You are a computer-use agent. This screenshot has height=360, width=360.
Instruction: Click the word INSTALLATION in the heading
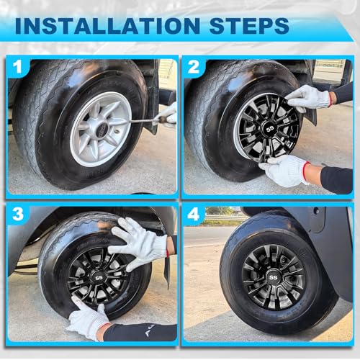107,25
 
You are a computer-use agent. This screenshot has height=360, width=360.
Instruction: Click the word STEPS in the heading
249,25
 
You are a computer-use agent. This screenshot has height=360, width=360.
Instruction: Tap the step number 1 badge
18,66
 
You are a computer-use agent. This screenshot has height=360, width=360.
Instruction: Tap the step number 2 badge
194,66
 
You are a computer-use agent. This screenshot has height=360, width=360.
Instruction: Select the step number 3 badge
18,214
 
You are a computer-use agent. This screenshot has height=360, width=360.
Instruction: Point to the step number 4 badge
194,214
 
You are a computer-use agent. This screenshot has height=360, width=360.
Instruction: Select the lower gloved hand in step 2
286,170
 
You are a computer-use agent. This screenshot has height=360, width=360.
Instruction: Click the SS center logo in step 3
99,278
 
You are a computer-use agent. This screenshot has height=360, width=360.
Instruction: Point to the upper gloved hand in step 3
138,243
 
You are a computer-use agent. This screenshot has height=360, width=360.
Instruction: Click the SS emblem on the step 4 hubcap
273,277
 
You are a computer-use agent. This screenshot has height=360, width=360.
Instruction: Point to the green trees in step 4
220,211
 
